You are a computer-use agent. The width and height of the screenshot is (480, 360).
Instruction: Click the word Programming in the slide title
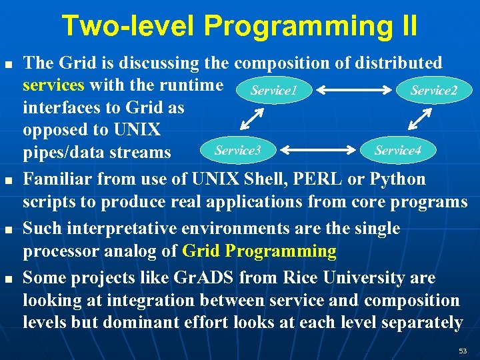pyautogui.click(x=289, y=26)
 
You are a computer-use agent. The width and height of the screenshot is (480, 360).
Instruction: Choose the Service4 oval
pyautogui.click(x=397, y=151)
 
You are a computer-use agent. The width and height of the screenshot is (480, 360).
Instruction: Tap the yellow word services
pyautogui.click(x=53, y=86)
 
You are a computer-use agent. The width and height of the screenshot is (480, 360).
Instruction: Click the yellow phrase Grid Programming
pyautogui.click(x=259, y=251)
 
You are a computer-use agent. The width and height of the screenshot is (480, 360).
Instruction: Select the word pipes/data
pyautogui.click(x=62, y=153)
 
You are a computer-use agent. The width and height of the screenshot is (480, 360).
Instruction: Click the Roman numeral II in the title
pyautogui.click(x=405, y=26)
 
